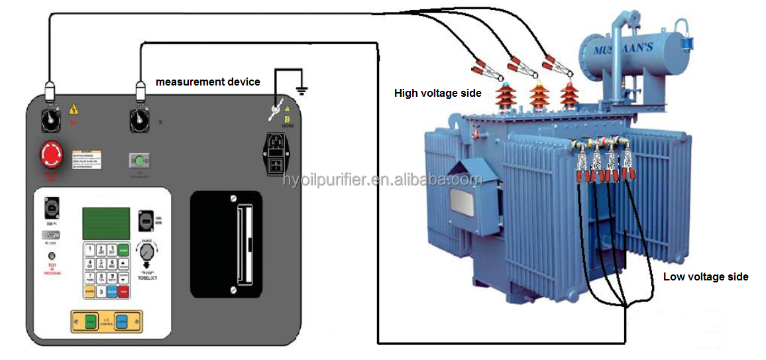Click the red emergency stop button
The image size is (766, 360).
50,155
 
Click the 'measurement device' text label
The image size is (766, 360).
207,82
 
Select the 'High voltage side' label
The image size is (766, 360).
437,93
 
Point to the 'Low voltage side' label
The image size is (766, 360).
706,276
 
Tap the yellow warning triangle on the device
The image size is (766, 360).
74,109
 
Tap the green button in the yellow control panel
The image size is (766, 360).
90,322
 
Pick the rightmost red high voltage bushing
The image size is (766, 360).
568,97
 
